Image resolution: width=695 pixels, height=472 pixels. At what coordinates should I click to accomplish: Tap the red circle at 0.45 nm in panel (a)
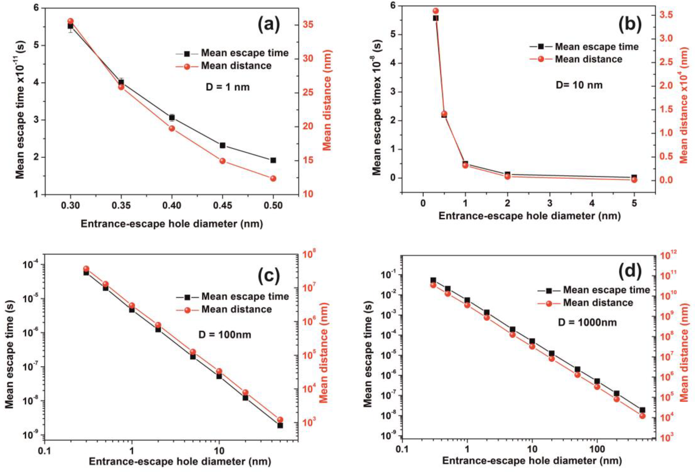click(222, 161)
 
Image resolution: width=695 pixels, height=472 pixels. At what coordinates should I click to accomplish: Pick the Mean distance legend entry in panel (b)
click(589, 59)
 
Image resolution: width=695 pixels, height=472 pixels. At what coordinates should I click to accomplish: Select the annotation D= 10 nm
click(579, 85)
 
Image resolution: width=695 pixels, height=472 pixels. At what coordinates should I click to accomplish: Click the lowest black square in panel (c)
click(280, 425)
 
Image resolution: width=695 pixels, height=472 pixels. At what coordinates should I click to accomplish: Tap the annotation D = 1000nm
click(587, 322)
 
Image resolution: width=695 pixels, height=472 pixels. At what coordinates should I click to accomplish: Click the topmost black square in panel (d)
click(433, 280)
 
